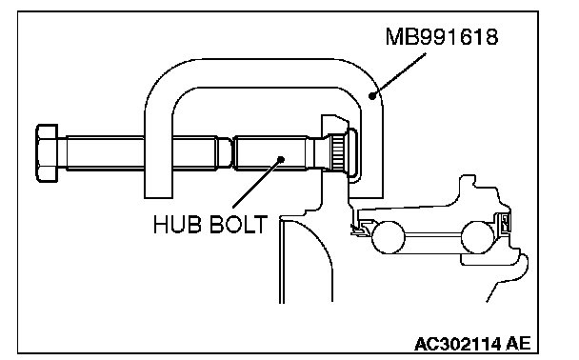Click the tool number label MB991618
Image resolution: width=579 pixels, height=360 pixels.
[442, 37]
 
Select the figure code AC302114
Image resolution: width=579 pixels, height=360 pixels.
[457, 344]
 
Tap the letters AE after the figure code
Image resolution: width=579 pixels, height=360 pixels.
[518, 344]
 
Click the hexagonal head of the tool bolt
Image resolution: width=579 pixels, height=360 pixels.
[47, 153]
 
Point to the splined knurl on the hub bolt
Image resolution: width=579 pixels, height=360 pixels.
[337, 152]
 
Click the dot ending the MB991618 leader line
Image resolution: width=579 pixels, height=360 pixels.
[372, 96]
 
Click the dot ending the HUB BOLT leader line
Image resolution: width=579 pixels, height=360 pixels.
[281, 159]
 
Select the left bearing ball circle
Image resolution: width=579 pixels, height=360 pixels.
[389, 237]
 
